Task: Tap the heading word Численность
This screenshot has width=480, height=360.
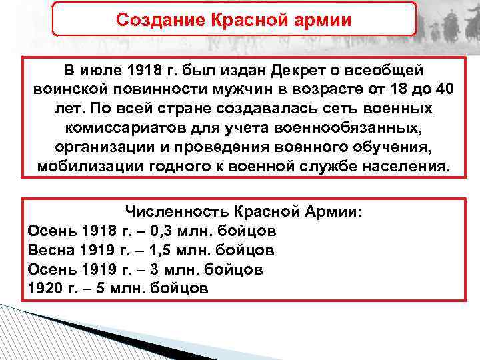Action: (x=177, y=212)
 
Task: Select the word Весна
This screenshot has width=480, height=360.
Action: (x=52, y=251)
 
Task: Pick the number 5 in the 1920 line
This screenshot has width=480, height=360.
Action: (x=97, y=289)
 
